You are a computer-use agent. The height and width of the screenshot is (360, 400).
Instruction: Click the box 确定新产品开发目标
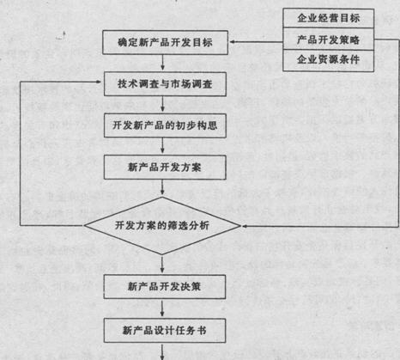(166, 42)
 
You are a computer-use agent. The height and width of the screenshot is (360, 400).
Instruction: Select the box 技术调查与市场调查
(165, 84)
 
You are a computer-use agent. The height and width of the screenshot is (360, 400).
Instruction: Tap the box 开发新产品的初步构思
(165, 125)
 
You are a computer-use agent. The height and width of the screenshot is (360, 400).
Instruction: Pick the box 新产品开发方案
(165, 168)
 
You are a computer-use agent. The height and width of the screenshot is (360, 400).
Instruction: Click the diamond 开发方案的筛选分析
(162, 226)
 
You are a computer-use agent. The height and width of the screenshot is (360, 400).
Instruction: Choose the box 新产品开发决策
(165, 287)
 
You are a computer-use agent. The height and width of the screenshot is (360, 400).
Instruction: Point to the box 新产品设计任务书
(165, 331)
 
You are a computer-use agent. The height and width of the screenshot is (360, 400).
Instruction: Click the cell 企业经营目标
(329, 18)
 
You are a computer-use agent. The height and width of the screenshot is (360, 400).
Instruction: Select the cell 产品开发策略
(329, 40)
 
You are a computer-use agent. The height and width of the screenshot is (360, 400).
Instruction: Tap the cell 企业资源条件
(329, 60)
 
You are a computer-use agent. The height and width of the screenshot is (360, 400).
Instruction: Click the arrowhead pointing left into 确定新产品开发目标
(233, 42)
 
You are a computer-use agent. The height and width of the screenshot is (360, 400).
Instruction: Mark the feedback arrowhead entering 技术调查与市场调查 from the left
(99, 82)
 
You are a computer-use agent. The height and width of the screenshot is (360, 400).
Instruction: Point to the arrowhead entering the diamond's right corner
(245, 226)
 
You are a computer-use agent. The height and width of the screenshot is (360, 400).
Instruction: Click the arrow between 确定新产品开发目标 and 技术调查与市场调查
(162, 63)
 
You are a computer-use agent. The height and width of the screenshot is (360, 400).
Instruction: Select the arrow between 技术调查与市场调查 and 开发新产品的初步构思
(162, 104)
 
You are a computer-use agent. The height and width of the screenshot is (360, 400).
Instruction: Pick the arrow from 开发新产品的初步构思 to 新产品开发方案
(162, 146)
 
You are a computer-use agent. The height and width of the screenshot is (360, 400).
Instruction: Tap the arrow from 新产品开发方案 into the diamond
(162, 188)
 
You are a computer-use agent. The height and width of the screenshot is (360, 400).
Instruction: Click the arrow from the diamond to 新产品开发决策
(162, 265)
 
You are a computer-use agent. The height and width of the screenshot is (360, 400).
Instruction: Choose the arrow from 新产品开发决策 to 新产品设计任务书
(162, 308)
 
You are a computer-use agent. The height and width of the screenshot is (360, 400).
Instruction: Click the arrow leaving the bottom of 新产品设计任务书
(162, 352)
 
